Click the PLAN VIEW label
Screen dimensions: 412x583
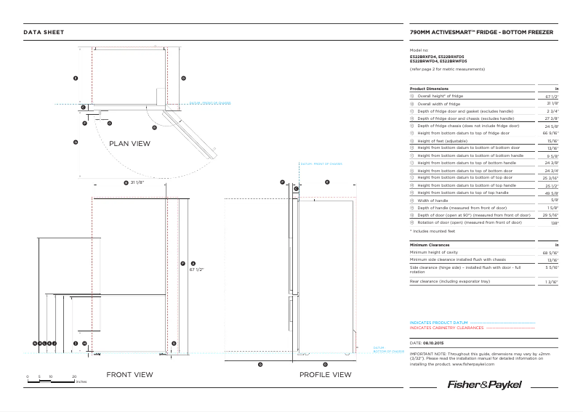[x=129, y=144]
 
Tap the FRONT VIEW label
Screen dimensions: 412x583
[x=129, y=375]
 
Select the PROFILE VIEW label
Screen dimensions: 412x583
[x=326, y=375]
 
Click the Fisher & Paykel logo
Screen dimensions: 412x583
[x=484, y=384]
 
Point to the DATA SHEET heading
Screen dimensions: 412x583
[x=44, y=33]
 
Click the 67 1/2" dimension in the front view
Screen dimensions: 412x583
[x=196, y=269]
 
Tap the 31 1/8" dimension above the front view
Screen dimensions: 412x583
[x=136, y=183]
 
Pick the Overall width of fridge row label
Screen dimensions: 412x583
[x=438, y=104]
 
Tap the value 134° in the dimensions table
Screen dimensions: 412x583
[x=554, y=222]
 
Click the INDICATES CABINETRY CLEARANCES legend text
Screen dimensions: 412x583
[x=446, y=328]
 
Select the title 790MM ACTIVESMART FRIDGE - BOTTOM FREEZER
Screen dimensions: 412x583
[x=482, y=33]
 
